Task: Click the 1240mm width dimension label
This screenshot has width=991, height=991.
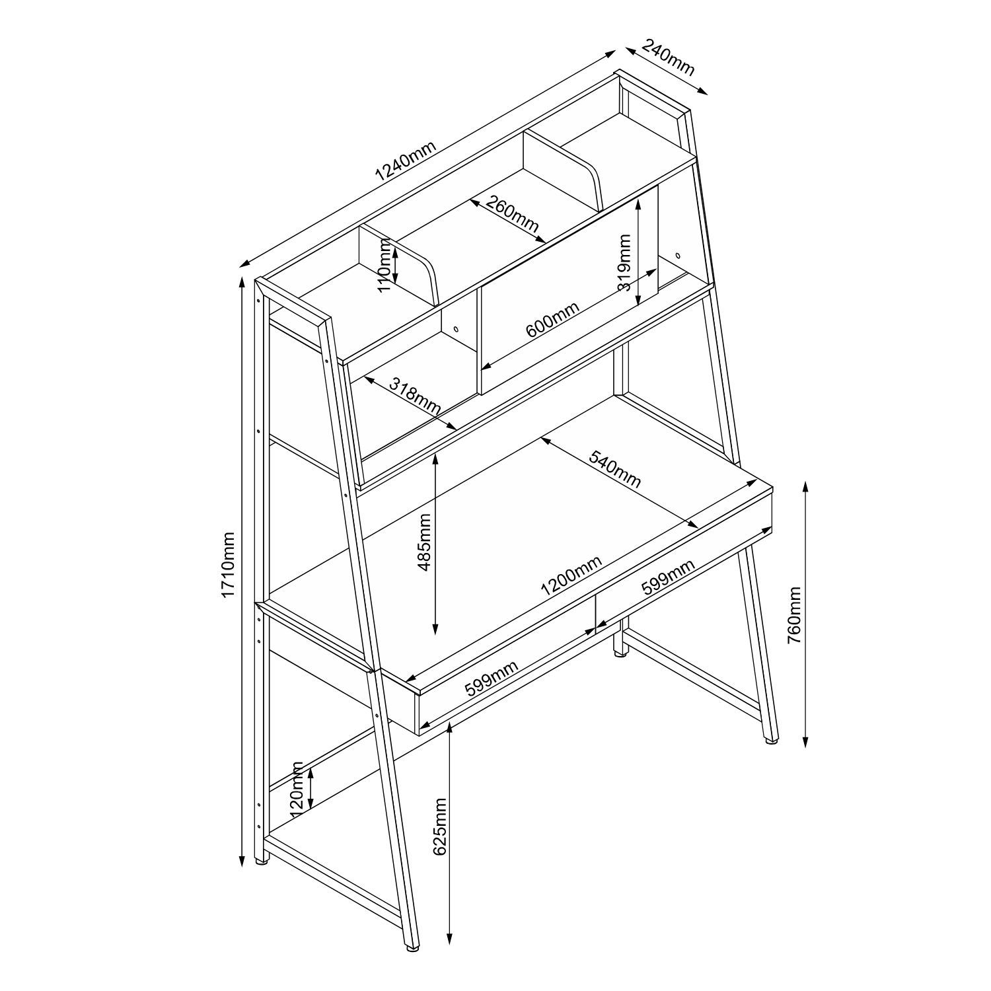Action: tap(406, 163)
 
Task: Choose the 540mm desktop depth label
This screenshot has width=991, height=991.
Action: tap(614, 469)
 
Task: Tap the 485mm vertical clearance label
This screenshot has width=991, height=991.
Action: tap(425, 542)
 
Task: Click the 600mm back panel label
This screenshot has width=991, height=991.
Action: tap(552, 320)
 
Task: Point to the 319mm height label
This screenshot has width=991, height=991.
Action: tap(625, 264)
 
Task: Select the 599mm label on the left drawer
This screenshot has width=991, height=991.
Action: tap(492, 679)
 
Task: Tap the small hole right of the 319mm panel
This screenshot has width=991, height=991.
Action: tap(679, 255)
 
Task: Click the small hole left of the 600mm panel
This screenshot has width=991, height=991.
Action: tap(455, 328)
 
